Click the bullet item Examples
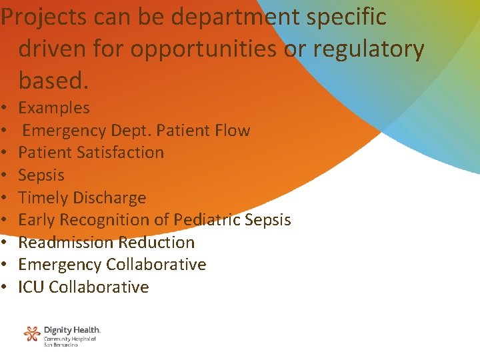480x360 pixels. pyautogui.click(x=54, y=108)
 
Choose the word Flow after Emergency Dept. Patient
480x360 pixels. pyautogui.click(x=230, y=130)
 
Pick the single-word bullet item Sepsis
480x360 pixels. pyautogui.click(x=41, y=175)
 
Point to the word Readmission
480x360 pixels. pyautogui.click(x=65, y=243)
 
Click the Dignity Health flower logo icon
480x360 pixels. pyautogui.click(x=32, y=333)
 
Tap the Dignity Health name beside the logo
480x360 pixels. pyautogui.click(x=72, y=330)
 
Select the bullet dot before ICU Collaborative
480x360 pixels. pyautogui.click(x=5, y=288)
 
